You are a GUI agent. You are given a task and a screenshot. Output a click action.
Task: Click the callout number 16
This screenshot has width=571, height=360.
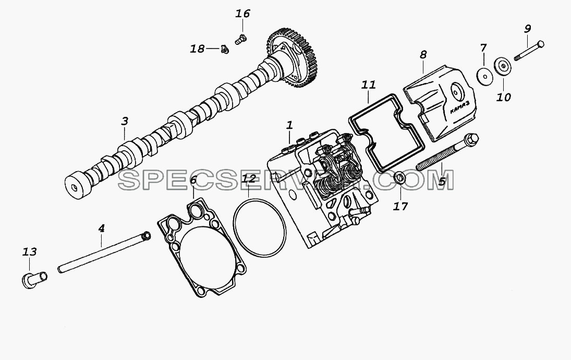click(x=242, y=14)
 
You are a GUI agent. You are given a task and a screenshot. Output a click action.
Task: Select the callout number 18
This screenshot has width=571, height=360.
click(x=198, y=49)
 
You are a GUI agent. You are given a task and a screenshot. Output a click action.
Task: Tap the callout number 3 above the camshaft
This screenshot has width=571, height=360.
click(x=125, y=121)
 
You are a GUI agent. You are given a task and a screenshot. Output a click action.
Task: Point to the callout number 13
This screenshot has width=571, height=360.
click(x=30, y=252)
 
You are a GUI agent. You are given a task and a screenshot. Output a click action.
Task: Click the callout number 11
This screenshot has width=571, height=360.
click(x=368, y=85)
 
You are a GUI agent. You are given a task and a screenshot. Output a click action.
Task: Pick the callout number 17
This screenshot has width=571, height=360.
click(x=400, y=207)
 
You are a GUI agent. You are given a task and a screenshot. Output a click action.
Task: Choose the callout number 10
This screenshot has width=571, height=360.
click(x=504, y=97)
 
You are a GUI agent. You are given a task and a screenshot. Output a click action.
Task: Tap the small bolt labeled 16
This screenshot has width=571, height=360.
click(x=240, y=39)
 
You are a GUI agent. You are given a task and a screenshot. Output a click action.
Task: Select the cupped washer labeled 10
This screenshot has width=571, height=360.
click(x=503, y=66)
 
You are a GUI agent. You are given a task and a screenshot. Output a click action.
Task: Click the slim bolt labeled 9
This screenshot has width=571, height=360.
click(x=529, y=51)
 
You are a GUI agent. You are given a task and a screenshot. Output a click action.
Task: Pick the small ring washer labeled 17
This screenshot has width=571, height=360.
click(x=400, y=178)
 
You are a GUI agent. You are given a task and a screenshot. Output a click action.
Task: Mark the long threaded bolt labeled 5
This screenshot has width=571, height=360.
click(x=447, y=153)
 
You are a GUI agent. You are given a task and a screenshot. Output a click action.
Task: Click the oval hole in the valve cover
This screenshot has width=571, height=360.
click(x=456, y=92)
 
